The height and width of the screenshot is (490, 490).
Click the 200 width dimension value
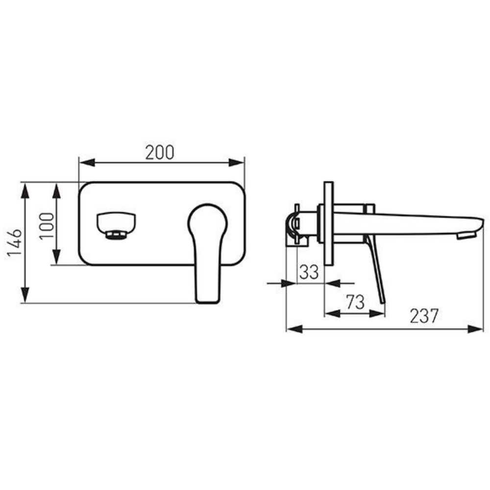click(x=160, y=153)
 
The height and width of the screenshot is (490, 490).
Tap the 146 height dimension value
click(x=14, y=243)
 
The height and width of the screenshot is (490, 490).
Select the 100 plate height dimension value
click(x=47, y=225)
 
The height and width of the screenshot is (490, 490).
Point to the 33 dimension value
click(x=309, y=272)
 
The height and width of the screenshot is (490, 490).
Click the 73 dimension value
click(x=355, y=302)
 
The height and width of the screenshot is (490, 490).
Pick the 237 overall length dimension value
click(x=424, y=316)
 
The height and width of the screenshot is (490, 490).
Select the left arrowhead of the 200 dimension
click(x=87, y=163)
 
